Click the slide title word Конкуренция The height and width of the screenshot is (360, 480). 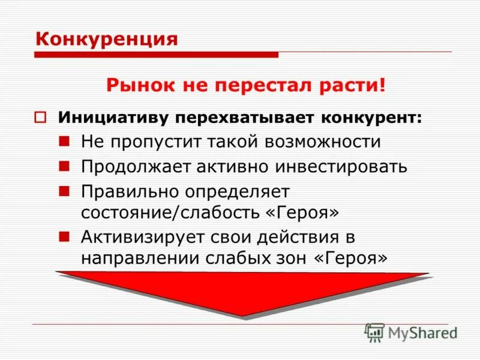pos(107,39)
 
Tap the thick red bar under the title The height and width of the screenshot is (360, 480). pos(156,55)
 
